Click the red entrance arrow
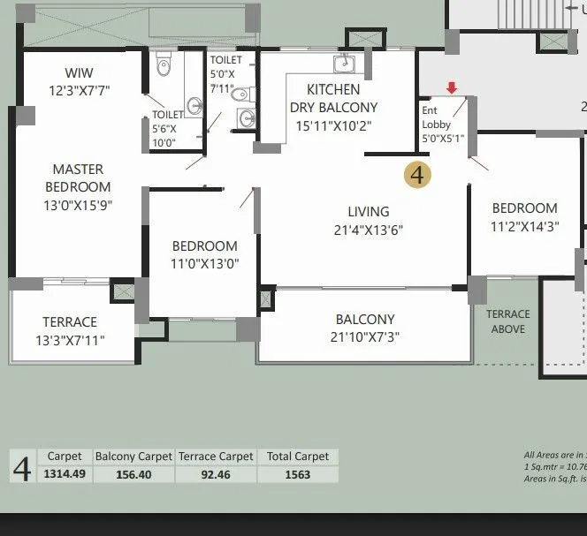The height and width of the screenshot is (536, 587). (x=452, y=87)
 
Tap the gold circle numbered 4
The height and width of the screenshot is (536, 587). (x=417, y=175)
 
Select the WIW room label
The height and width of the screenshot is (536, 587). (x=79, y=72)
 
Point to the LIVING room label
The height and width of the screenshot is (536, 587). (x=368, y=212)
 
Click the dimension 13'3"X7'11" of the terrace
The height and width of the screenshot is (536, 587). (x=70, y=340)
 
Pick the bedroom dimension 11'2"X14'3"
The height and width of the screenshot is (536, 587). (x=524, y=226)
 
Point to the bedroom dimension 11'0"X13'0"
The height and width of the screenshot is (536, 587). (x=204, y=263)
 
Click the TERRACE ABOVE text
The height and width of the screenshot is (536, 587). (x=507, y=321)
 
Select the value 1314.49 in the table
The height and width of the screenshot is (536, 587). (x=65, y=474)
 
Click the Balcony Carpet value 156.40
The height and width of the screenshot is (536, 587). (x=133, y=474)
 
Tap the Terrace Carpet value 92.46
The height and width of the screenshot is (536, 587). (x=217, y=474)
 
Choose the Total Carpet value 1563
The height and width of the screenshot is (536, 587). (x=298, y=474)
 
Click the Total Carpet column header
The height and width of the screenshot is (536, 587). (x=298, y=457)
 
